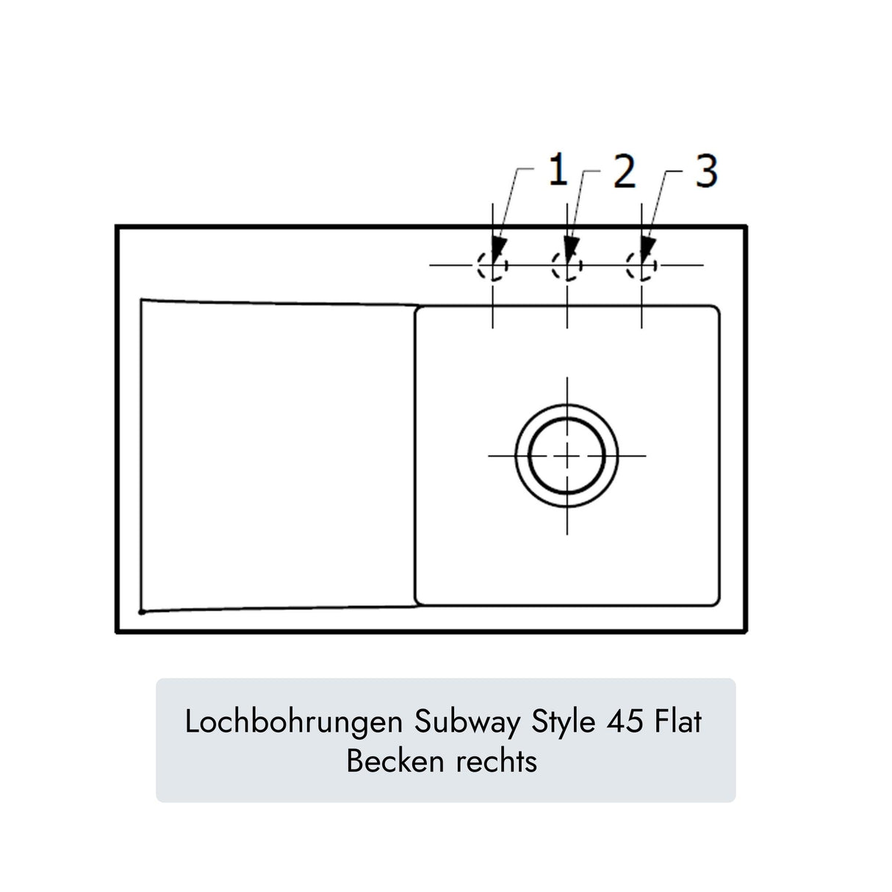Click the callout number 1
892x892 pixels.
point(558,171)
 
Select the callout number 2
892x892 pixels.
point(624,173)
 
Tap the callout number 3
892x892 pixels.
point(705,172)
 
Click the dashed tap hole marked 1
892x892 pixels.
point(492,265)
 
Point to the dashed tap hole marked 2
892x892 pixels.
point(567,265)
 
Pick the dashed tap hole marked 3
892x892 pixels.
point(642,265)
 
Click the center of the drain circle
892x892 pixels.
point(567,456)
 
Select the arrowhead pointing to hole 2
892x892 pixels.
point(571,248)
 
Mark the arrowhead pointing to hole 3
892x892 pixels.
point(647,248)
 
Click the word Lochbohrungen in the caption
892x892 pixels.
point(293,722)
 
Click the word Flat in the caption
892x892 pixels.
point(677,722)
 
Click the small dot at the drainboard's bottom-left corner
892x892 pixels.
point(141,611)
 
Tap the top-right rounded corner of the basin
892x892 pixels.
point(714,311)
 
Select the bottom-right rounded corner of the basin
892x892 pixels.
point(714,601)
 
